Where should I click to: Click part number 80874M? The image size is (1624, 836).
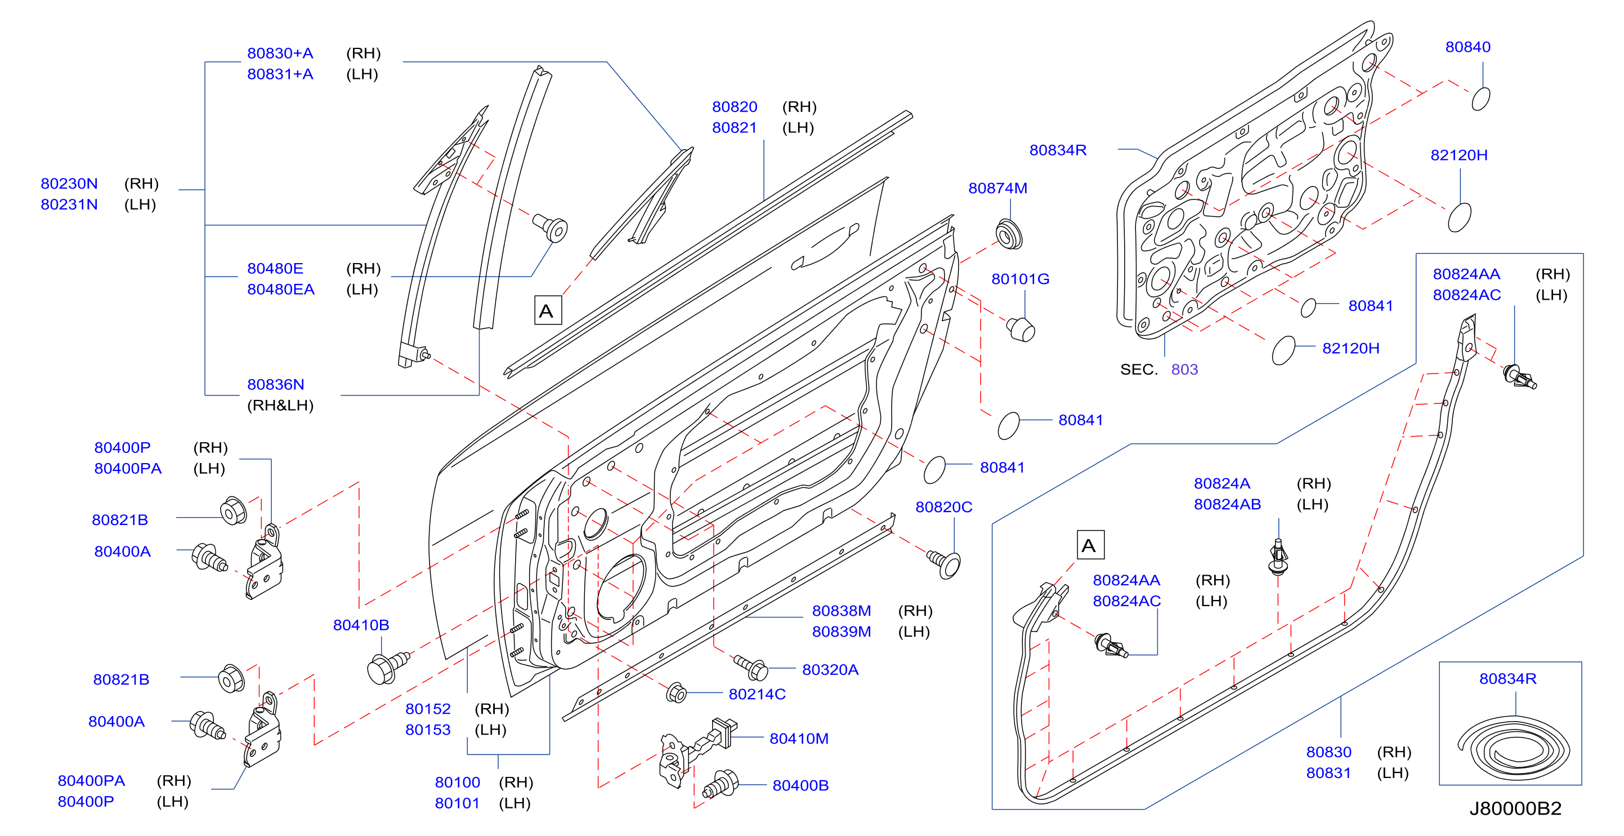[x=997, y=188]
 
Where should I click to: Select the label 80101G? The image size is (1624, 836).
[x=1020, y=279]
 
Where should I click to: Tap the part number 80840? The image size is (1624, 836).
[x=1468, y=47]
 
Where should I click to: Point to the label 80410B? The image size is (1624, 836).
[x=361, y=625]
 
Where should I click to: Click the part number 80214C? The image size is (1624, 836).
[x=757, y=694]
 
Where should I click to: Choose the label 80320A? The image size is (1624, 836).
[x=830, y=670]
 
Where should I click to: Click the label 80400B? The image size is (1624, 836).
[x=800, y=785]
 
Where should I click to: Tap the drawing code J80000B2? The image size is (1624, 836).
[x=1515, y=808]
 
